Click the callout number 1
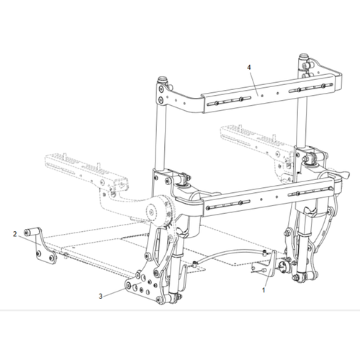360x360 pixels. [264, 290]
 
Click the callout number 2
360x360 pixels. [14, 234]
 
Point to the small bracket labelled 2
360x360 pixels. [43, 248]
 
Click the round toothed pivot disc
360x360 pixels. [153, 213]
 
